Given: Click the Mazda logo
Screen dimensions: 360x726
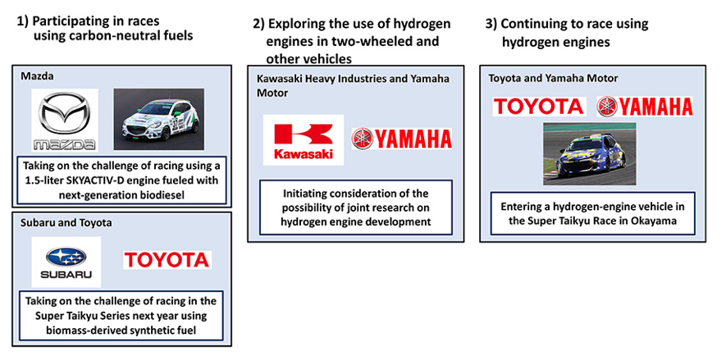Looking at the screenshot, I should point(64,120).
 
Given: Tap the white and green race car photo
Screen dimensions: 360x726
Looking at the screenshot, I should point(158,119).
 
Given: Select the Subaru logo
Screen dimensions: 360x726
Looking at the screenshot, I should point(66,261).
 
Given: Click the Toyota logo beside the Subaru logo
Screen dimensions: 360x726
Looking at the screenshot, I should point(167,261).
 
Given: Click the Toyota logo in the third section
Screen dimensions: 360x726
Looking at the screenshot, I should point(538,106).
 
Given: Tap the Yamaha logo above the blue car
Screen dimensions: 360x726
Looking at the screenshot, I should point(645,106).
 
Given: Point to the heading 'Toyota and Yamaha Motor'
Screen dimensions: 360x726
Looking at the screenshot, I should point(553,78).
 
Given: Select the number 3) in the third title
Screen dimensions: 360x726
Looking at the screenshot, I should point(491,25).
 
